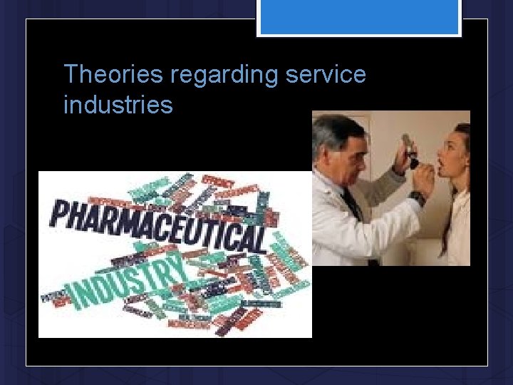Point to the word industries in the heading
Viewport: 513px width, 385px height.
[118, 105]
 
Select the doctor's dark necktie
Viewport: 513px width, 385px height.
[351, 203]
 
